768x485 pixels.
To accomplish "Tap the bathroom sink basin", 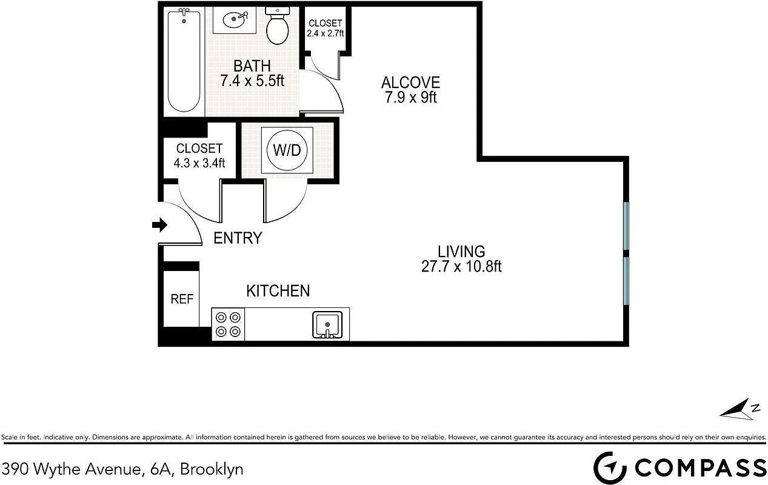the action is pos(235,19).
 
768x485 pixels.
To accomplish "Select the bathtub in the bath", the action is pos(184,60).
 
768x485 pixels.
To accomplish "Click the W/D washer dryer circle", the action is pos(287,150).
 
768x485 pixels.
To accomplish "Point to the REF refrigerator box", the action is pos(181,299).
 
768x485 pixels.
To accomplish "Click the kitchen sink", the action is pos(327,324).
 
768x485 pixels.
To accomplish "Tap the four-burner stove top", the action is pos(228,324).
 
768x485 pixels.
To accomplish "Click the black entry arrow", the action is pos(159,225).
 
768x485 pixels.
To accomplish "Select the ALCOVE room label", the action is pos(410,82).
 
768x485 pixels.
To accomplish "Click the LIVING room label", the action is pos(461,252).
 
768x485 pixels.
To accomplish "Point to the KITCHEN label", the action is pos(278,291).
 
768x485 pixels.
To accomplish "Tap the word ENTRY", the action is pos(238,238).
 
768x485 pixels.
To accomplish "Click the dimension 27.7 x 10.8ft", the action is pos(461,267).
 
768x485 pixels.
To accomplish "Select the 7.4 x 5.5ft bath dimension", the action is pos(252,81).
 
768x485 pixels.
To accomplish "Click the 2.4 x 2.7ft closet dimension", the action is pos(325,33).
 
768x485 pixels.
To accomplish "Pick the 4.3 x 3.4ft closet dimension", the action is pos(199,162).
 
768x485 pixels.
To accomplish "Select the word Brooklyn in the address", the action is pos(212,470).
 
